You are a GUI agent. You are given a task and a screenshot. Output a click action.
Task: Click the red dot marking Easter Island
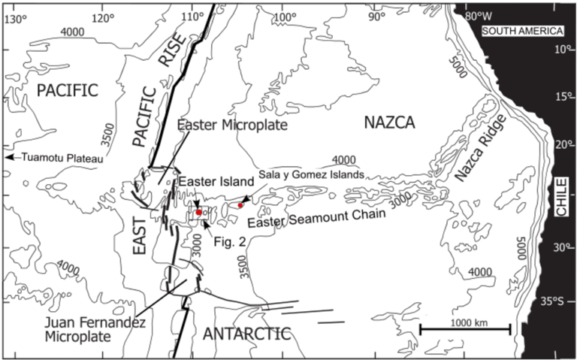(x=198, y=213)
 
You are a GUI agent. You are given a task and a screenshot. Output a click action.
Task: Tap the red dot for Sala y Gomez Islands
(x=240, y=205)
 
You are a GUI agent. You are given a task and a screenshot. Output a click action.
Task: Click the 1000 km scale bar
(x=464, y=329)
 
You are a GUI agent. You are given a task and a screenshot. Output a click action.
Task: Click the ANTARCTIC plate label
(x=246, y=334)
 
